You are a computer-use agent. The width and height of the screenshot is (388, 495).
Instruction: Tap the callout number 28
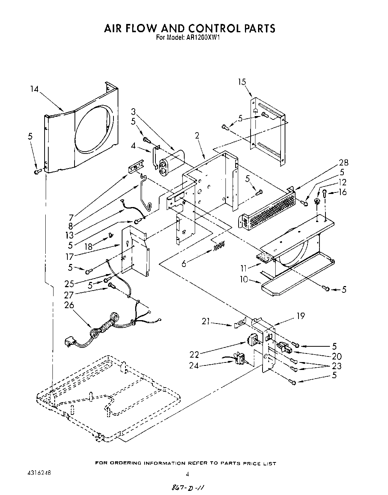point(343,163)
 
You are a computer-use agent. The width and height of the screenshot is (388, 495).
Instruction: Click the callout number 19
point(300,316)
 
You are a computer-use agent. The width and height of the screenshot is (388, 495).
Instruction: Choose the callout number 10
point(244,279)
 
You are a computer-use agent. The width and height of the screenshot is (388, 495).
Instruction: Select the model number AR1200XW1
point(201,37)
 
